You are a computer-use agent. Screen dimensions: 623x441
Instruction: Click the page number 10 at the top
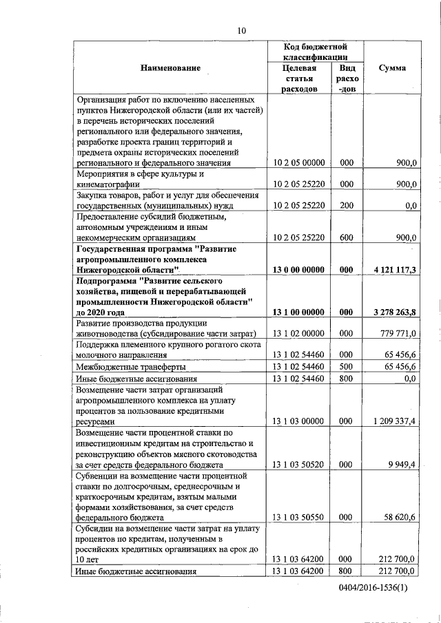tap(241, 30)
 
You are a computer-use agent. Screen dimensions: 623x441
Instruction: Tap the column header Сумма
tap(392, 68)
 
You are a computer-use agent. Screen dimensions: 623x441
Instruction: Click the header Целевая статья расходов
tap(299, 79)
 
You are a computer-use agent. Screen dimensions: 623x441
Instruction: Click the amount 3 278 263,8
tap(393, 312)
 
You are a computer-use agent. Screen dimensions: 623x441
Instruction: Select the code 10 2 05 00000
tap(299, 162)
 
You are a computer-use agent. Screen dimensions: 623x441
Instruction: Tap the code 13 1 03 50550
tap(299, 517)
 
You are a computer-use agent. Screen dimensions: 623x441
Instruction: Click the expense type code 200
tap(346, 205)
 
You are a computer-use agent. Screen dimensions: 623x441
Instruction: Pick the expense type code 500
tap(346, 367)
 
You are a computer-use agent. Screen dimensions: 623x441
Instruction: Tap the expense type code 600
tap(346, 237)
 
